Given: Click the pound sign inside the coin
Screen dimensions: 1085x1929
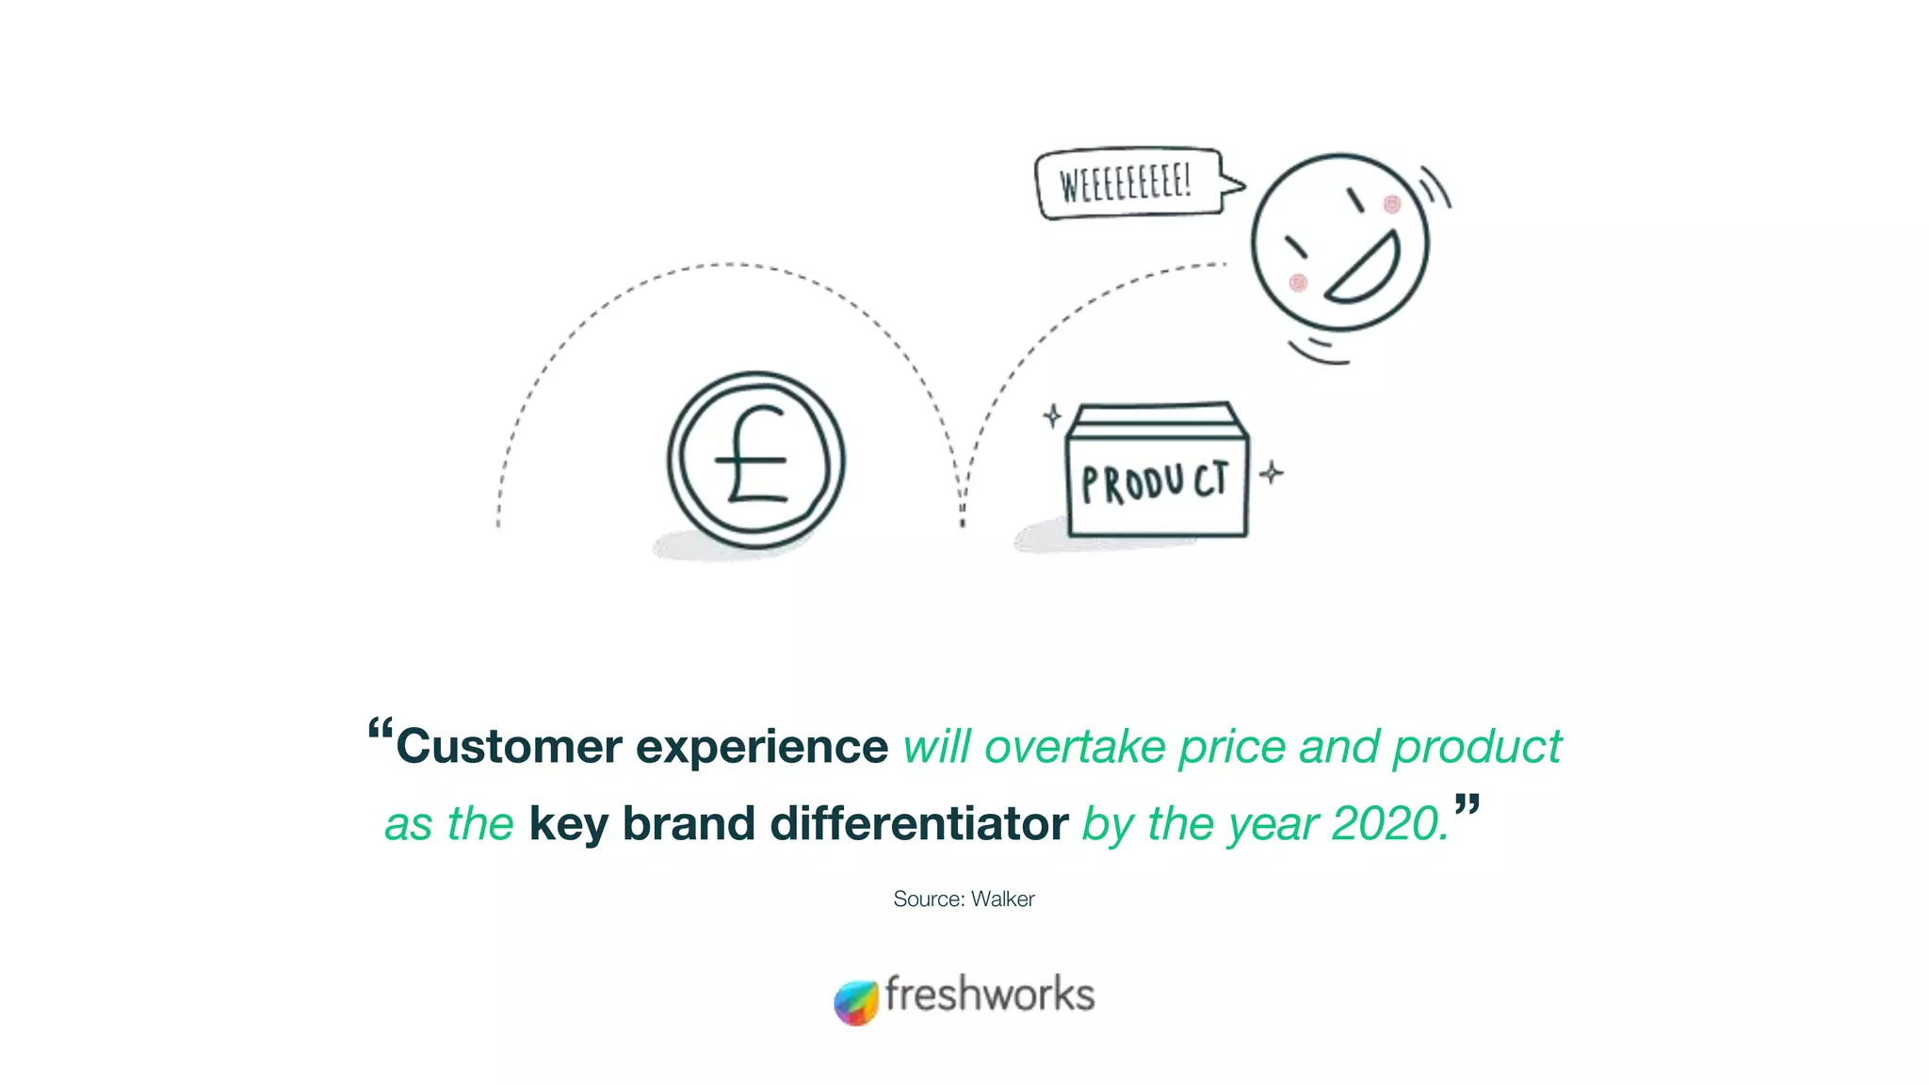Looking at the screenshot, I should pyautogui.click(x=754, y=458).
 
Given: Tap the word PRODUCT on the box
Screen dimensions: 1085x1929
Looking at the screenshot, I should pyautogui.click(x=1155, y=483).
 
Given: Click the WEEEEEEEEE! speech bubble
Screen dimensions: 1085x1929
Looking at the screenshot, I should pyautogui.click(x=1127, y=183).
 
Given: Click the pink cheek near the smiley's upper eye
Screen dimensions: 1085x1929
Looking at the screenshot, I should pyautogui.click(x=1391, y=204).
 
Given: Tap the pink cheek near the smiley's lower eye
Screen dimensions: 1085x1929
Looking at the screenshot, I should pyautogui.click(x=1298, y=283).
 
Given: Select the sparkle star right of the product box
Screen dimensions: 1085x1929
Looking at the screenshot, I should pyautogui.click(x=1271, y=472).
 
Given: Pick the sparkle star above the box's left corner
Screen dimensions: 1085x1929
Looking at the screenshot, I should pyautogui.click(x=1052, y=415).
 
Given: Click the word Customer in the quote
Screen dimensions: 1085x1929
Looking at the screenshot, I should pyautogui.click(x=509, y=747).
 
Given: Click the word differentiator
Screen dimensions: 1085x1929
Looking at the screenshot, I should pyautogui.click(x=918, y=824).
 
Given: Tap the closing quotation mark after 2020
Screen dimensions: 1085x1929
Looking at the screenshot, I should pyautogui.click(x=1467, y=804).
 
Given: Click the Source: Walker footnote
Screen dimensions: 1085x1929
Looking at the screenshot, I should pyautogui.click(x=964, y=899).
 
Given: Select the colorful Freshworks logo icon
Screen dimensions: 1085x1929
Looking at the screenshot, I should pyautogui.click(x=855, y=1002).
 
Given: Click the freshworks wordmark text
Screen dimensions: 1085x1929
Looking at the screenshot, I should pyautogui.click(x=989, y=995).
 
